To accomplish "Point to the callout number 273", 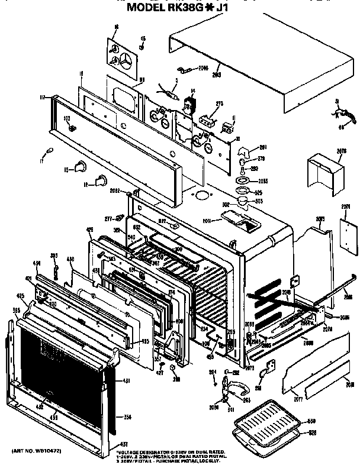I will (219, 104).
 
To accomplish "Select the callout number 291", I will (263, 147).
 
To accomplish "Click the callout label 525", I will (259, 192).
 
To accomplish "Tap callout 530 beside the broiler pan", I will (311, 421).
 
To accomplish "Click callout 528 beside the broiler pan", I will (311, 434).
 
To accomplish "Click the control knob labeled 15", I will (79, 169).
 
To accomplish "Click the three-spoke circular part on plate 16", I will (127, 60).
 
